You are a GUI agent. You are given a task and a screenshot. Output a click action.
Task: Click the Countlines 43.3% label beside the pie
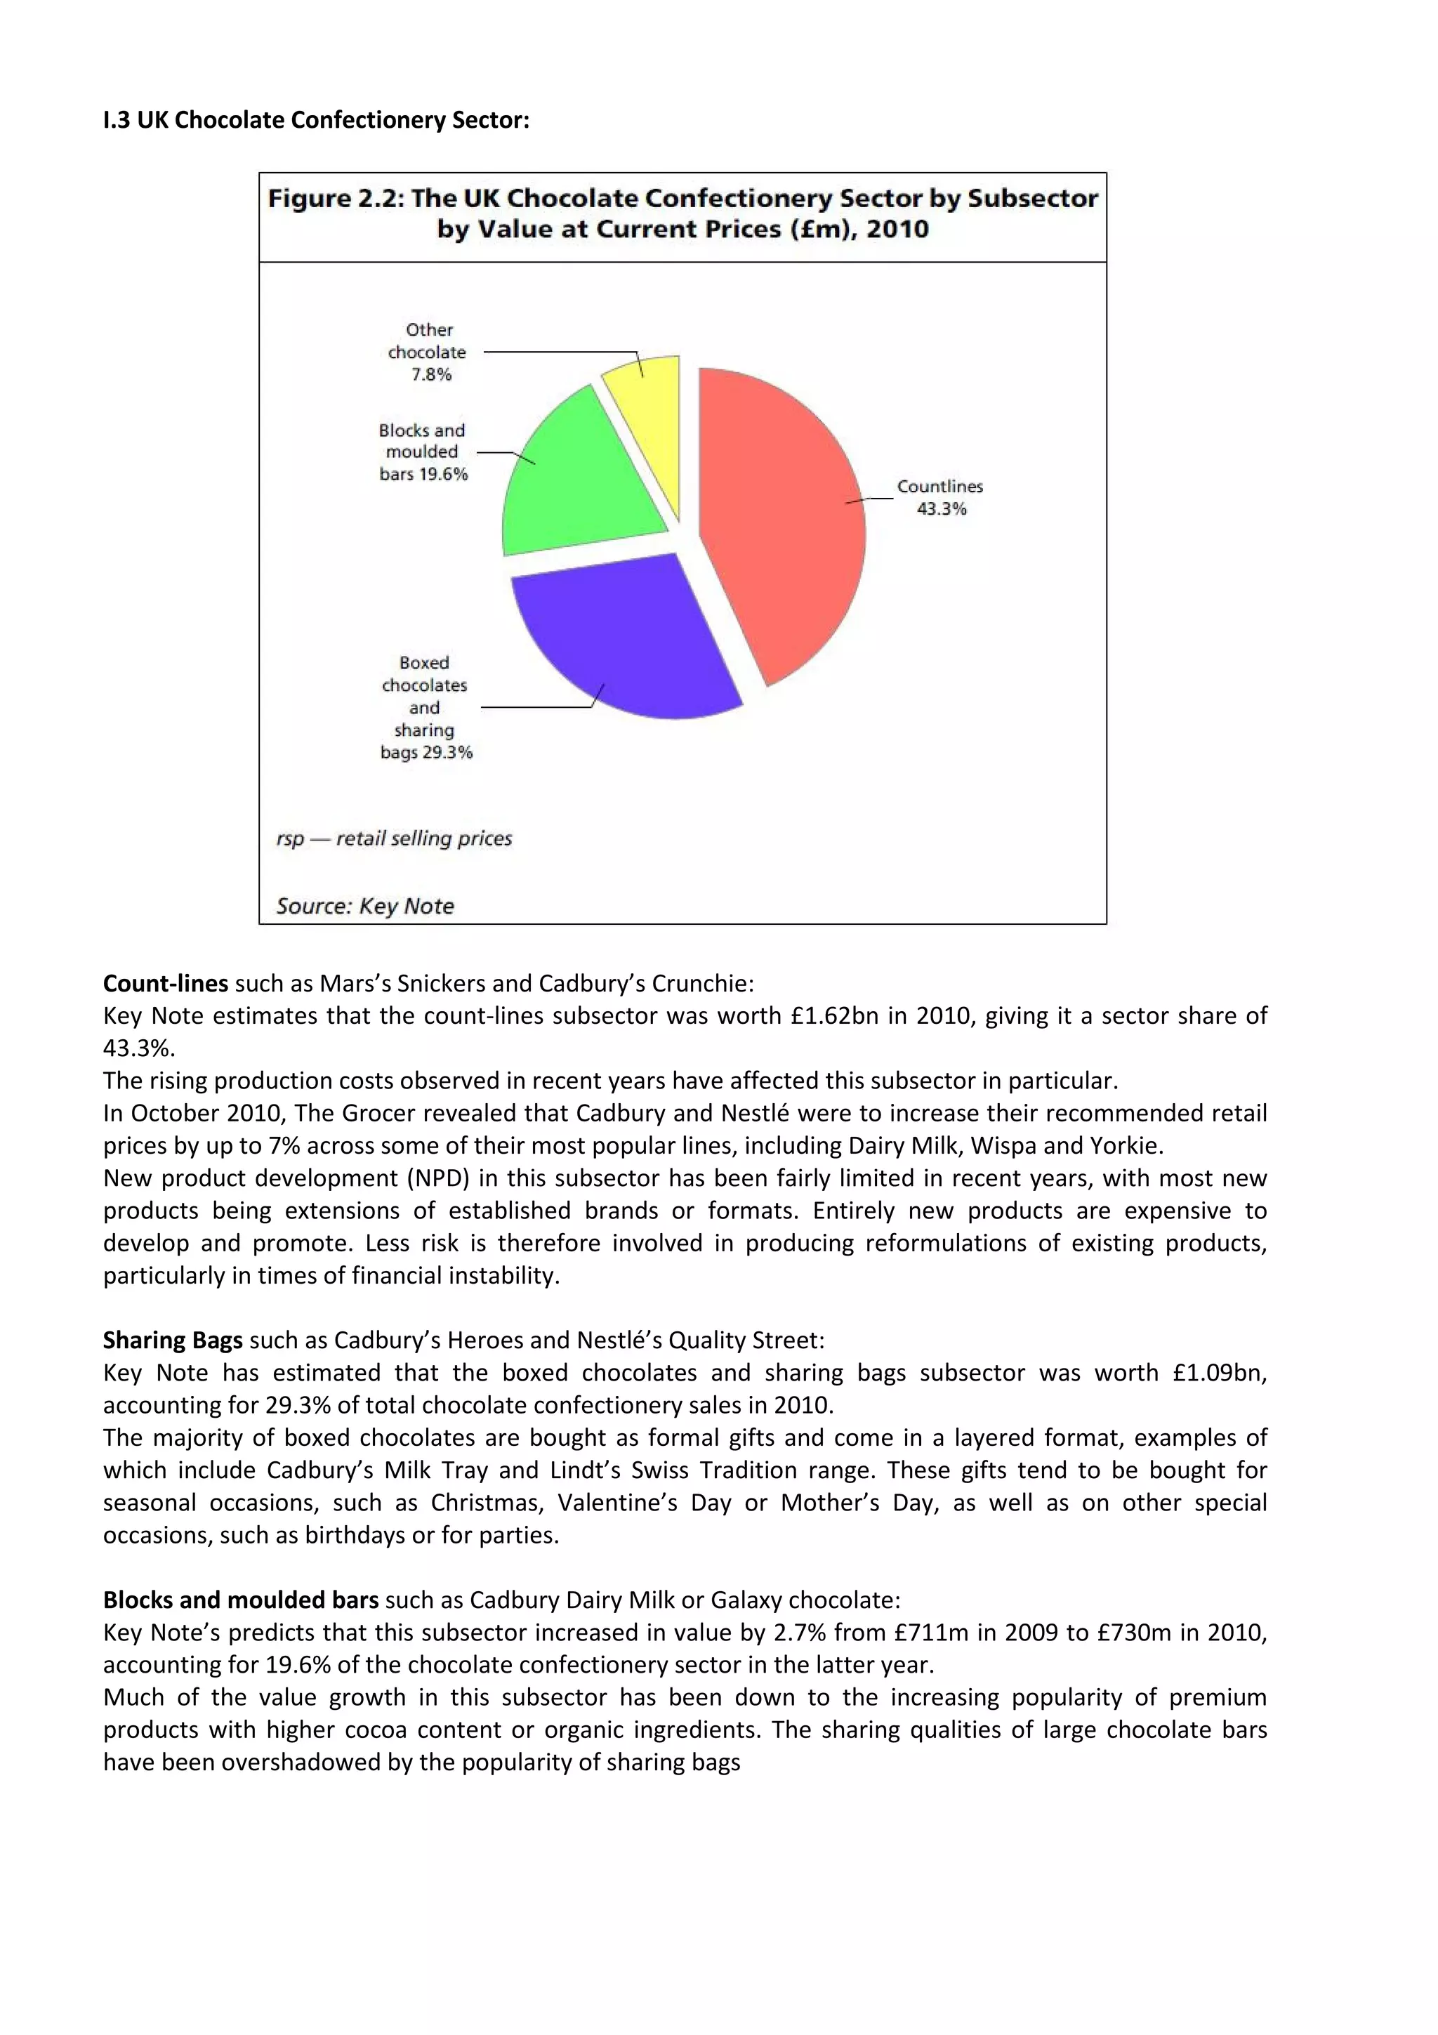point(940,497)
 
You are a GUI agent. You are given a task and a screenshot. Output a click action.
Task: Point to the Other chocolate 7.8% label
point(429,352)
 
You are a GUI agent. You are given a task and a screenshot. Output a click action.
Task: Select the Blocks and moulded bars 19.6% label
point(423,452)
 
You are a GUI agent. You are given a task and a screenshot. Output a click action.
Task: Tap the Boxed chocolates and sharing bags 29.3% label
point(426,707)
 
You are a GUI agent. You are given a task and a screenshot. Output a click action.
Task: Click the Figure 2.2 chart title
point(682,213)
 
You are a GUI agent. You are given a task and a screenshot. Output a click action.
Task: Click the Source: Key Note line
point(365,906)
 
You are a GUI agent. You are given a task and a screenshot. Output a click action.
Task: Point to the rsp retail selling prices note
point(395,838)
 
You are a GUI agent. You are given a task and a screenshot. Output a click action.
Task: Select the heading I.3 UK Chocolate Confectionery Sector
point(316,121)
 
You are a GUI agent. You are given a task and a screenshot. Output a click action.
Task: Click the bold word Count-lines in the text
point(166,984)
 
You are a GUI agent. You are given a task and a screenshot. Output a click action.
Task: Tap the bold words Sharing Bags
point(173,1340)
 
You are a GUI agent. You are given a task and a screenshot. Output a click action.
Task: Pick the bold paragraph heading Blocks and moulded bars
point(241,1600)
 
